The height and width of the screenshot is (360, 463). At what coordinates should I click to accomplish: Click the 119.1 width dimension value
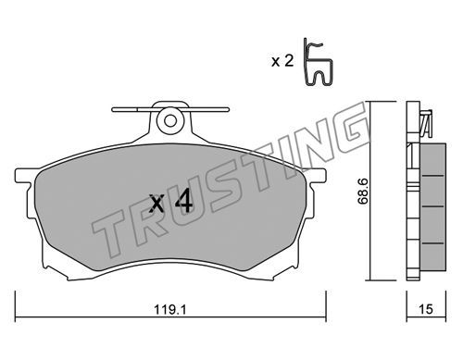tap(170, 309)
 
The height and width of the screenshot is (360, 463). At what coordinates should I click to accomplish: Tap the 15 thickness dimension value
tap(426, 309)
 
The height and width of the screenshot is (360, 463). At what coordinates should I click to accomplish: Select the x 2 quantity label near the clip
tap(282, 61)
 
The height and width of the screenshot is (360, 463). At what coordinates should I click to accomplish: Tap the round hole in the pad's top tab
tap(170, 121)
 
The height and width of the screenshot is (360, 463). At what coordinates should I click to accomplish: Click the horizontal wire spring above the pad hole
tap(170, 109)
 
